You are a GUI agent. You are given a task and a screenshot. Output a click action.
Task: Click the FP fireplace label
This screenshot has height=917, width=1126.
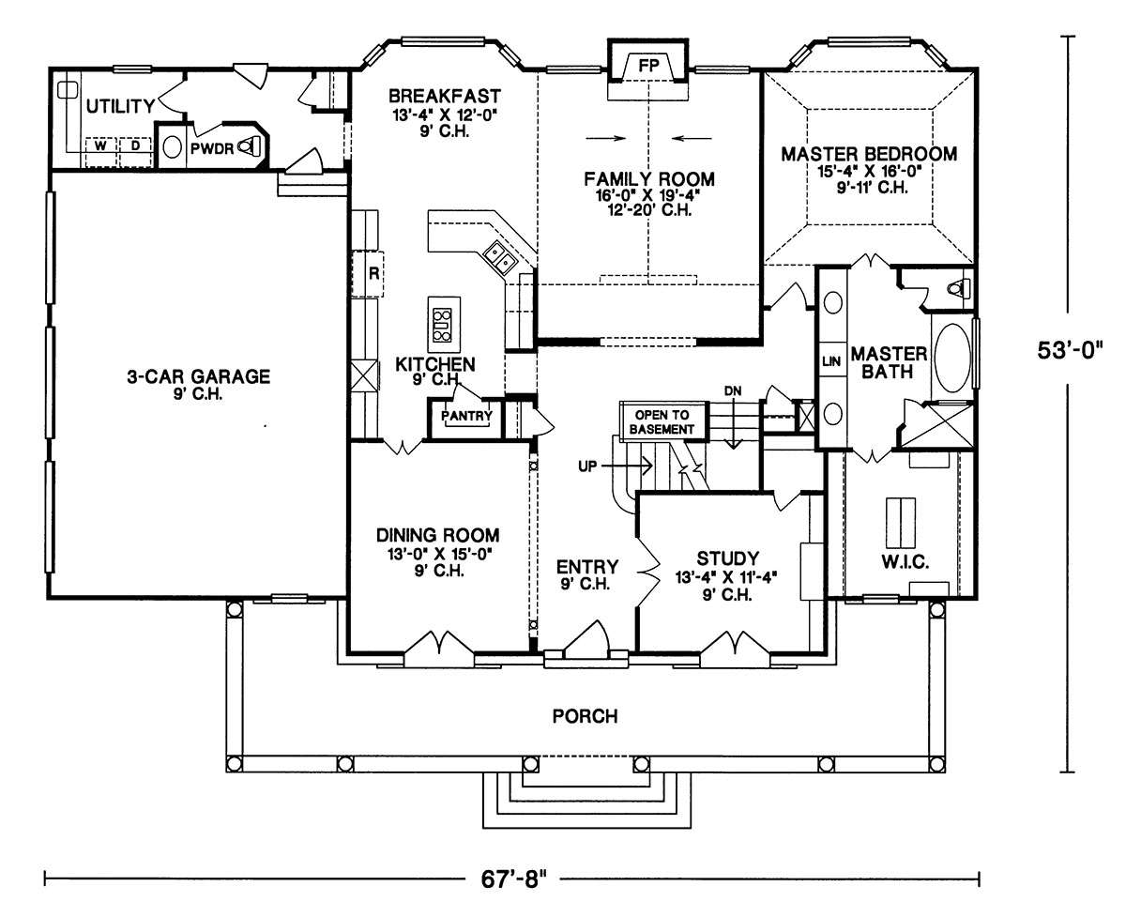coord(648,66)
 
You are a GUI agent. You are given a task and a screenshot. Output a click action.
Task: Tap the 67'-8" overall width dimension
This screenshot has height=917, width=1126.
coord(512,879)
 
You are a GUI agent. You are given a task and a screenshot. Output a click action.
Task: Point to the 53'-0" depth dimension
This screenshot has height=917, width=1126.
coord(1070,351)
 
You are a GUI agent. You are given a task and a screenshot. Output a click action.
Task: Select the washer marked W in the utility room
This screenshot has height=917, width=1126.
coord(100,145)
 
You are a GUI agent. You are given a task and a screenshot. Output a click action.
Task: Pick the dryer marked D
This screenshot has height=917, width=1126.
coord(135,145)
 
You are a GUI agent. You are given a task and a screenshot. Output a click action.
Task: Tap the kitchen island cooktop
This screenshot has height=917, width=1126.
coord(443,325)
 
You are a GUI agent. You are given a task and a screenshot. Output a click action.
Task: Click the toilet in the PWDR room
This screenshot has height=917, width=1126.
coord(248,146)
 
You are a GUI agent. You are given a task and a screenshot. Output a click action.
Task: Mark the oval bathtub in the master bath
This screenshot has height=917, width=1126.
coord(952,358)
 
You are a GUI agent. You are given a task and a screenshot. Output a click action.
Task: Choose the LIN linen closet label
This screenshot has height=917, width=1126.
coord(831,361)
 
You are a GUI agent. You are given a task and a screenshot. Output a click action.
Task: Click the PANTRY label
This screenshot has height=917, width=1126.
coord(466,416)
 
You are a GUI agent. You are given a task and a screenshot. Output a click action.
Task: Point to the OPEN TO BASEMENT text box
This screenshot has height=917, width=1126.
coord(662,422)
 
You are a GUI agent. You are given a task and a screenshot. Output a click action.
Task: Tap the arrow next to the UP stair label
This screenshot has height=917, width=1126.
coord(627,466)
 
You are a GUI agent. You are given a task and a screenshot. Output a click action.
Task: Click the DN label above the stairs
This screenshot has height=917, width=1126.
coord(733,390)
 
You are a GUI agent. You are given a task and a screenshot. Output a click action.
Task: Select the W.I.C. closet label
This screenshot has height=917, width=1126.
coord(905,561)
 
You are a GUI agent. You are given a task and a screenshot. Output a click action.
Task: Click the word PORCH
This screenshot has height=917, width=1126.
coord(585,716)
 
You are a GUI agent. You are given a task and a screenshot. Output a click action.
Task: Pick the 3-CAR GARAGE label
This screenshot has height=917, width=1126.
coord(198,376)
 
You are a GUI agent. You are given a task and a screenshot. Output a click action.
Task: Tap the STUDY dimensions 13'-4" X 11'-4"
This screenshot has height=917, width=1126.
coord(726,577)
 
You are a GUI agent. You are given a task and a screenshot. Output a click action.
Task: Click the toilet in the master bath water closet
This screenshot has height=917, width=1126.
coord(958,289)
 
